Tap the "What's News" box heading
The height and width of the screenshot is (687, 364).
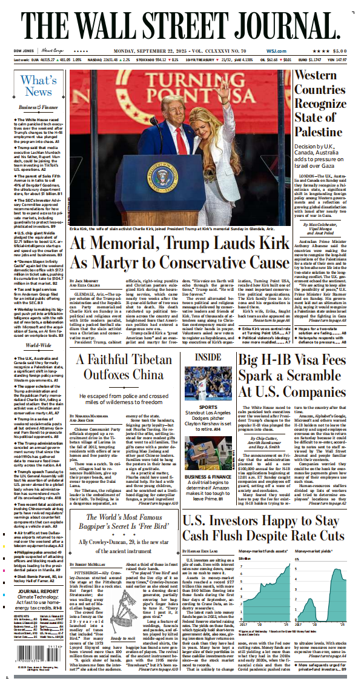coord(38,86)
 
